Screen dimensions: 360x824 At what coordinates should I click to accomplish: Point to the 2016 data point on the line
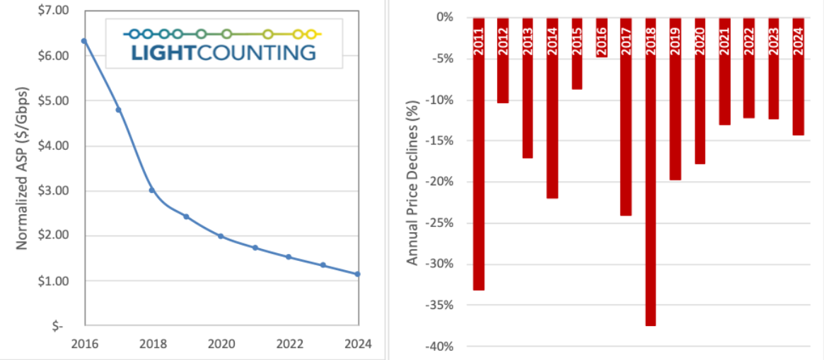(84, 41)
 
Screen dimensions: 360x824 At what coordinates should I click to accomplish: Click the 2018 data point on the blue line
(152, 190)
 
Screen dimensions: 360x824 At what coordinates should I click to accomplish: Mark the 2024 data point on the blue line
(357, 274)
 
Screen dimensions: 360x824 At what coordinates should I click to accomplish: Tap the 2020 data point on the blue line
(221, 236)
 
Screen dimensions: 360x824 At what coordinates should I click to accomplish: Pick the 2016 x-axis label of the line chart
(84, 344)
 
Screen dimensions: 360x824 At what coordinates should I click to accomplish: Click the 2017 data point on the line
(118, 110)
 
